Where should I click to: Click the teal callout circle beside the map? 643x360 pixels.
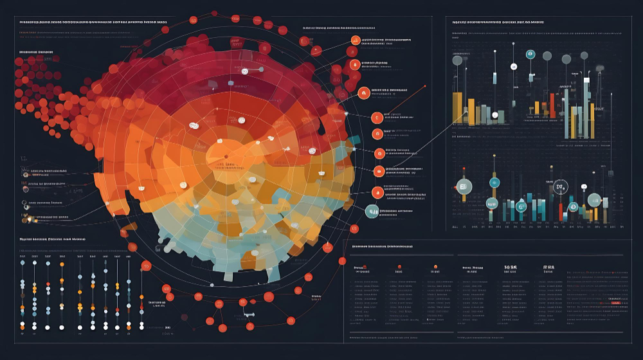click(372, 211)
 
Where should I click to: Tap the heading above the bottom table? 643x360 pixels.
click(382, 246)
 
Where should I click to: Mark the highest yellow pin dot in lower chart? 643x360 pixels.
click(604, 168)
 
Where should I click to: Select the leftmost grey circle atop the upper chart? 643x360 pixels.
click(457, 60)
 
